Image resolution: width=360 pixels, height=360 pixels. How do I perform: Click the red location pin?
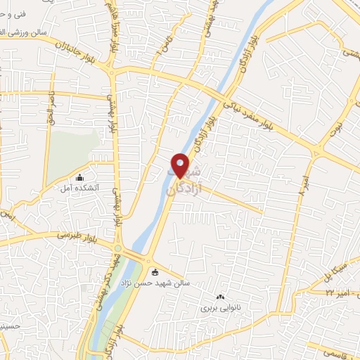[181, 165]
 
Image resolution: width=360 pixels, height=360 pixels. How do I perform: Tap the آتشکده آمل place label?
[103, 187]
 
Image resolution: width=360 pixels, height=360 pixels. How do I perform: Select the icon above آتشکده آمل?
[79, 177]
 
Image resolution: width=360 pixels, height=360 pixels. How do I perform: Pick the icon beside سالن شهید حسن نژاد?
[155, 273]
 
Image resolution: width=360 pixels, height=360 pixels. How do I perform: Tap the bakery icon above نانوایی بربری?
[221, 297]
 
